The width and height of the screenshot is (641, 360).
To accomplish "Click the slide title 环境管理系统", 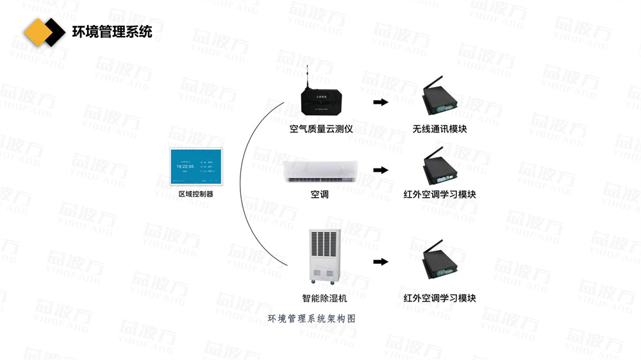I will point(112,31).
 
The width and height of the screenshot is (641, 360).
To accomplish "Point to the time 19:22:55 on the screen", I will point(185,166).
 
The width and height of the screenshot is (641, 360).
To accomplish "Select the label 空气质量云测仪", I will point(321,129).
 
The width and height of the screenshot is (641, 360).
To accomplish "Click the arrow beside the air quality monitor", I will point(381,102).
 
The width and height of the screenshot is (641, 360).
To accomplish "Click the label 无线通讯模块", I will point(440,129).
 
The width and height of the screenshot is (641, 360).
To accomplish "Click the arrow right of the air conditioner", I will point(381,170).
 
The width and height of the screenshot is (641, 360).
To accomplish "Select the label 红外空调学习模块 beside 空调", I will point(440,194).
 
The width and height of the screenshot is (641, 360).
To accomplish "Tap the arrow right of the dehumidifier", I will point(381,261).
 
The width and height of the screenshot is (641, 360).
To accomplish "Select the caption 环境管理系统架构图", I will point(312,318).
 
